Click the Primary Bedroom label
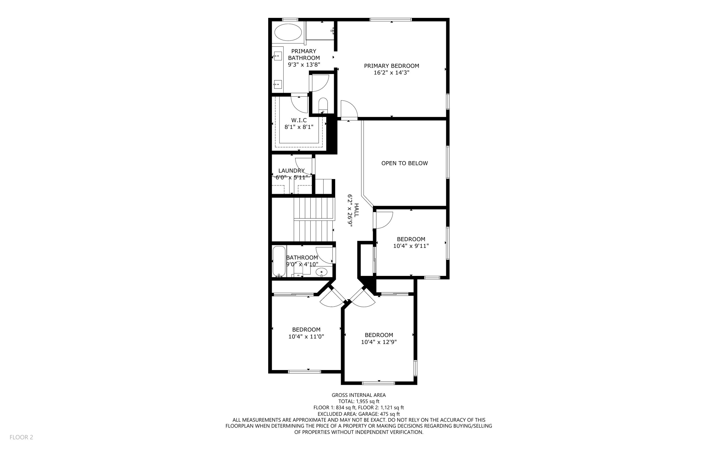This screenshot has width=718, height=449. tap(391, 69)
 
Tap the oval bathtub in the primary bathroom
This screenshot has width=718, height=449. tap(288, 33)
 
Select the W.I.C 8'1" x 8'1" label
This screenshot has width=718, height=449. tap(299, 124)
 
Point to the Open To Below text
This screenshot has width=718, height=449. tap(404, 163)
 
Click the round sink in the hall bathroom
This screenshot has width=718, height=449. tap(321, 272)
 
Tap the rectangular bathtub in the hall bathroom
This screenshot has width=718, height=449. tap(279, 261)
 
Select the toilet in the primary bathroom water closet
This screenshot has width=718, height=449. tap(323, 105)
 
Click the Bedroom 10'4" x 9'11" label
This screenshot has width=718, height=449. tap(411, 243)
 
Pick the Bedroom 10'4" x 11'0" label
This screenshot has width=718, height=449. tap(306, 333)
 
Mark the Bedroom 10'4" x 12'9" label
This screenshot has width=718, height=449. tap(379, 338)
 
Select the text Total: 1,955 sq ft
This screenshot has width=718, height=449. tap(359, 401)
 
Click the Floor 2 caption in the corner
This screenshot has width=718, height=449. tap(21, 437)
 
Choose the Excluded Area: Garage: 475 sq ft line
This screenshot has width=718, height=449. tap(359, 414)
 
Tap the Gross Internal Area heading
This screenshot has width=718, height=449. tap(359, 395)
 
